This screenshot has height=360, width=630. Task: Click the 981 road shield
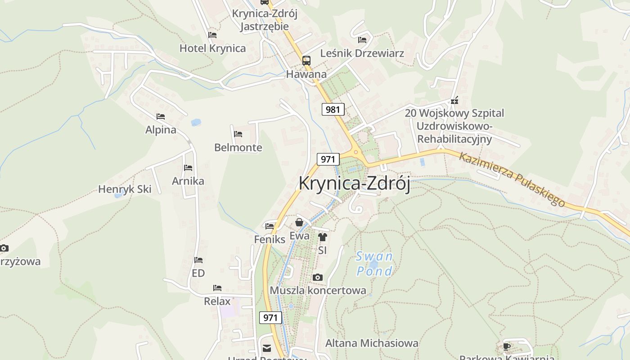(333, 109)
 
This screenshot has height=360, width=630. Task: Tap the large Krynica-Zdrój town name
(354, 184)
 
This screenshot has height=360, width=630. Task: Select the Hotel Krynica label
(212, 48)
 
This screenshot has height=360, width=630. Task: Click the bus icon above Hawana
(306, 60)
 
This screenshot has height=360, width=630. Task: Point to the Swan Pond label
(374, 264)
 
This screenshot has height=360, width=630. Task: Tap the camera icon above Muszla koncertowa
(318, 277)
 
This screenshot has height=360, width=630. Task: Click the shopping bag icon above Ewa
(299, 222)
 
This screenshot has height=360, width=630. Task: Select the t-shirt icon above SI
(322, 237)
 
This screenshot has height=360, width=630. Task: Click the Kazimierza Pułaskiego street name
(512, 180)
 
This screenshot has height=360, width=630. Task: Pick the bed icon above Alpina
(161, 117)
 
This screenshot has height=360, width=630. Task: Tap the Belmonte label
(238, 147)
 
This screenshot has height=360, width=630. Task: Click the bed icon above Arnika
(188, 168)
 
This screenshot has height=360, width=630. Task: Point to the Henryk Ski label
(125, 189)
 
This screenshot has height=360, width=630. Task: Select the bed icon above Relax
(217, 288)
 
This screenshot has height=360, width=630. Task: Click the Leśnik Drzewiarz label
(362, 53)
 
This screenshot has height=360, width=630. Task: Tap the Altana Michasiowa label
(372, 343)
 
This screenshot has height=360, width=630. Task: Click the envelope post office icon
(267, 348)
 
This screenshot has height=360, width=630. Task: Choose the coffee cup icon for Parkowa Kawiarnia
(507, 346)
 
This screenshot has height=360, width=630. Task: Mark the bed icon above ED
(198, 260)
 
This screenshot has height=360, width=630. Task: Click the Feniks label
(270, 239)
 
